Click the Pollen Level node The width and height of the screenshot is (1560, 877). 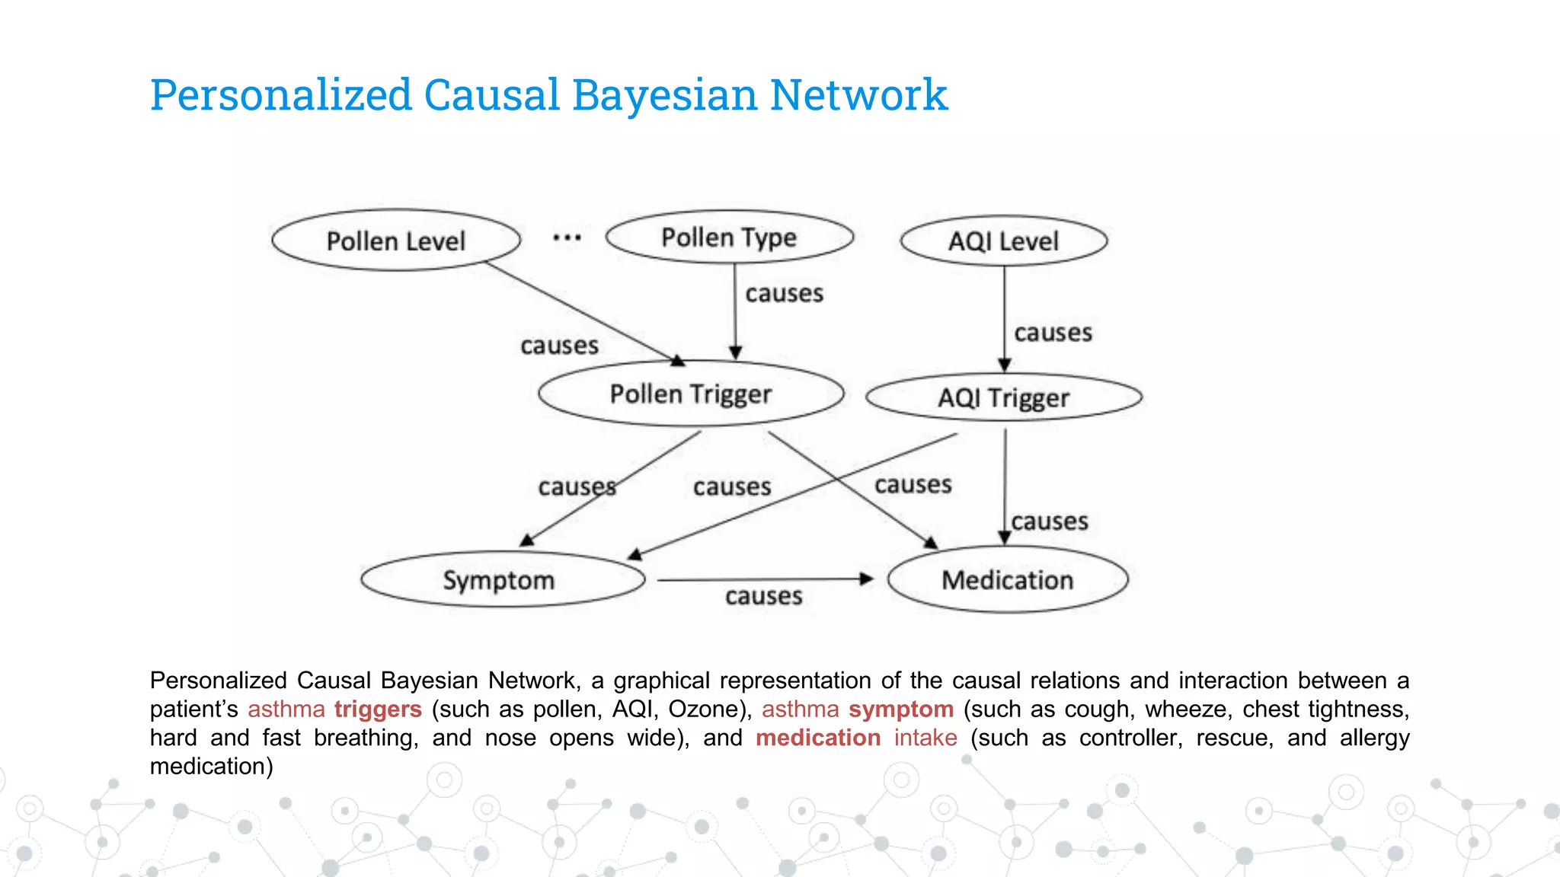pos(395,241)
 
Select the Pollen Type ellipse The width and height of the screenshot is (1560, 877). pos(729,238)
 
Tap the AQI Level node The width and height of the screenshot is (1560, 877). pos(1003,241)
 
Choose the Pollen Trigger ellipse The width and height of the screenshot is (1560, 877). pos(690,394)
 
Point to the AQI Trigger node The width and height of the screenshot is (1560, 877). pos(1003,397)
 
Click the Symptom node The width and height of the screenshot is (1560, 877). pos(500,580)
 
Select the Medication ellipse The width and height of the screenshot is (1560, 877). pos(1007,580)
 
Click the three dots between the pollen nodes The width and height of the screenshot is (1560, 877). pos(567,238)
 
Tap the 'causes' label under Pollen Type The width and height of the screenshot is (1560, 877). pos(784,294)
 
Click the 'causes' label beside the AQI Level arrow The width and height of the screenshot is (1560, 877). pos(1053,333)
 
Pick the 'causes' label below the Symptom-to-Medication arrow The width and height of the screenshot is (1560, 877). pos(763,596)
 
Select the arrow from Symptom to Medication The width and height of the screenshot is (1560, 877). pos(762,579)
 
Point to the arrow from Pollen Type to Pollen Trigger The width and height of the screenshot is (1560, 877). pos(735,312)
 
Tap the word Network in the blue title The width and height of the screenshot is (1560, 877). pos(858,96)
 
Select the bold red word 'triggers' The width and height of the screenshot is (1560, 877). pos(378,710)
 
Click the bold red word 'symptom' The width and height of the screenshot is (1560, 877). pos(901,710)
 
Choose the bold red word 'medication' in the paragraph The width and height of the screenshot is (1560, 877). pos(818,738)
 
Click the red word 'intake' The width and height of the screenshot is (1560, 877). pos(925,738)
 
